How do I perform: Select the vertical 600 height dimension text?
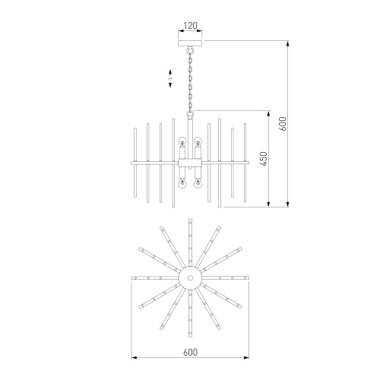[281, 123]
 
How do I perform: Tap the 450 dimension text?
[263, 159]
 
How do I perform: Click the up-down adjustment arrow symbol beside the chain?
[172, 77]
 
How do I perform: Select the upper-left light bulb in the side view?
[182, 142]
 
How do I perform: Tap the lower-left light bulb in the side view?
[182, 182]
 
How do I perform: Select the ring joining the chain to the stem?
[189, 112]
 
